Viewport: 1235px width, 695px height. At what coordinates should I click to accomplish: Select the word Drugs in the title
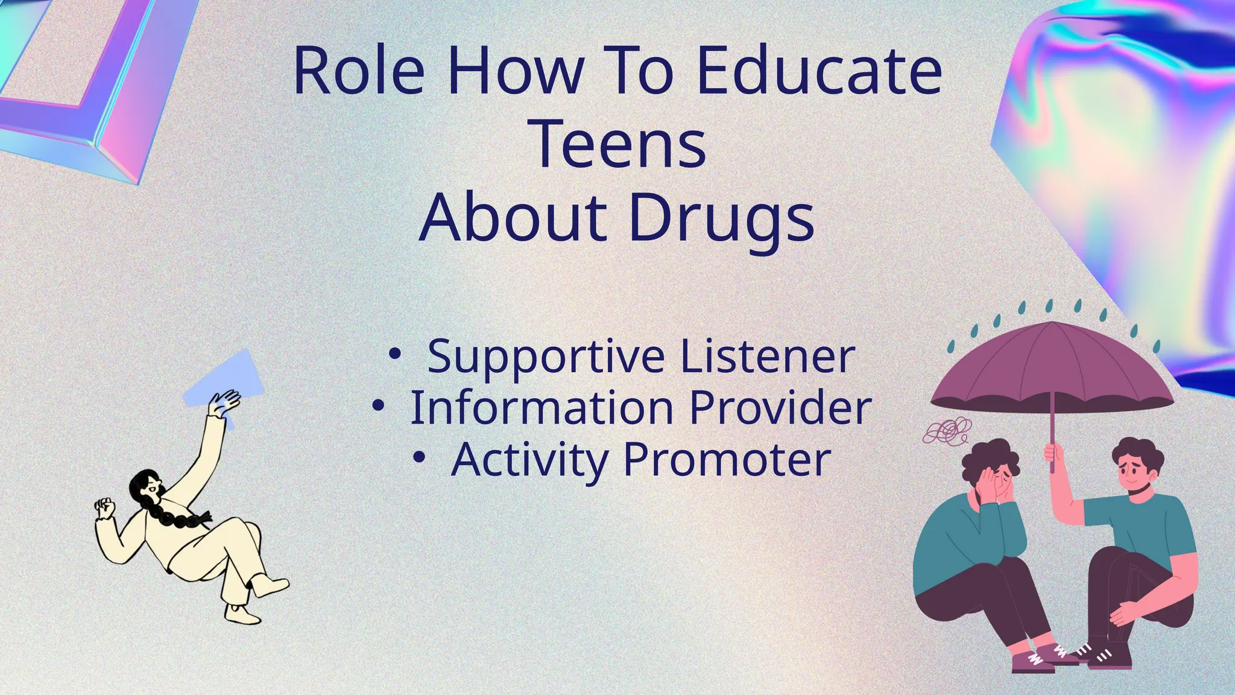721,218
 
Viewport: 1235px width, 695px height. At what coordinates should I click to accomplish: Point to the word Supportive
546,357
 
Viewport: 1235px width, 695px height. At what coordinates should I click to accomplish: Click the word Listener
768,357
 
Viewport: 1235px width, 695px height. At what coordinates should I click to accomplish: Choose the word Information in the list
542,408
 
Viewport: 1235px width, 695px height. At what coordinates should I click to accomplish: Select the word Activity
529,460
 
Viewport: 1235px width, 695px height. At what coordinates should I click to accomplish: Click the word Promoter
727,460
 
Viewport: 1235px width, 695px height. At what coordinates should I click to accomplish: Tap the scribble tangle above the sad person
948,431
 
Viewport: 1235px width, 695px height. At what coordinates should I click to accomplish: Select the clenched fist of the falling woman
106,508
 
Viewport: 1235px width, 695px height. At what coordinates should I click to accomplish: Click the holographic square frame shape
90,78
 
